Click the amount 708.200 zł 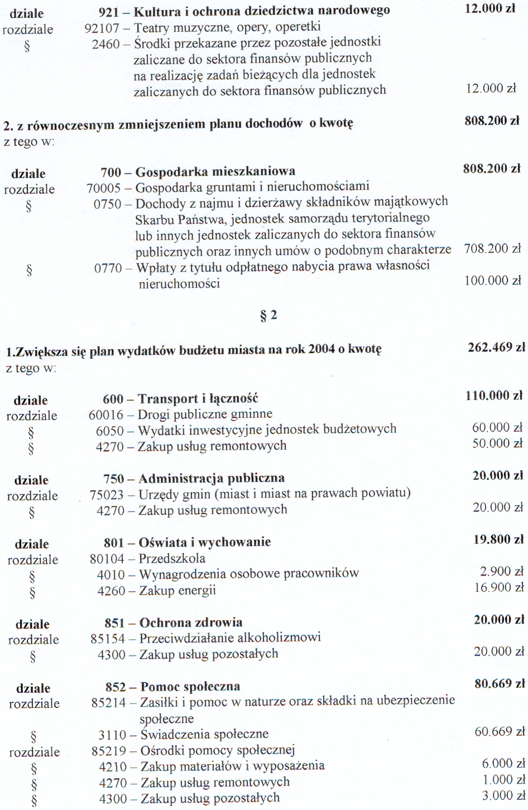click(x=492, y=249)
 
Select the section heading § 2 click(x=268, y=316)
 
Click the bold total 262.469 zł click(x=496, y=348)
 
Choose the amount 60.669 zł click(x=500, y=732)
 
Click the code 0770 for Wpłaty click(x=108, y=268)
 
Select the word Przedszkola click(x=172, y=558)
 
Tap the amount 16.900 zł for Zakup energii click(x=499, y=587)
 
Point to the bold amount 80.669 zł click(x=500, y=684)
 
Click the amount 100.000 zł click(x=492, y=281)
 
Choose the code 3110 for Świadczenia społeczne click(x=113, y=735)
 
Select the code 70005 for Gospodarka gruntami click(x=104, y=188)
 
